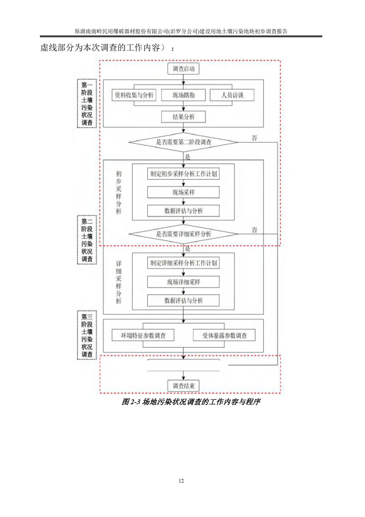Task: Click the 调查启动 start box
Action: pos(184,69)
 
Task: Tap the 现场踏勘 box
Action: pos(183,95)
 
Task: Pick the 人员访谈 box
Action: pos(232,95)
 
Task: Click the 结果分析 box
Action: pos(183,117)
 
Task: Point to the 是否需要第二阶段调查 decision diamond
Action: pos(184,142)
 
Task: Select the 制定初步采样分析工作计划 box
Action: pos(184,174)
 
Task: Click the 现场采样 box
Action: pos(183,193)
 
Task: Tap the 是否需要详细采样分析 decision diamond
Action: pos(184,234)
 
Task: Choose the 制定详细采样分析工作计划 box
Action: pos(184,264)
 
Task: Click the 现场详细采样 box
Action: pos(183,282)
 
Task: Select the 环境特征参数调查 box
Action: pos(143,335)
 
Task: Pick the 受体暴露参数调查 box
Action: pos(224,335)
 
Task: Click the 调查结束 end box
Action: pos(184,386)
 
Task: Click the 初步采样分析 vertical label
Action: pos(119,192)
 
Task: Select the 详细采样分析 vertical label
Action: pos(119,282)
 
